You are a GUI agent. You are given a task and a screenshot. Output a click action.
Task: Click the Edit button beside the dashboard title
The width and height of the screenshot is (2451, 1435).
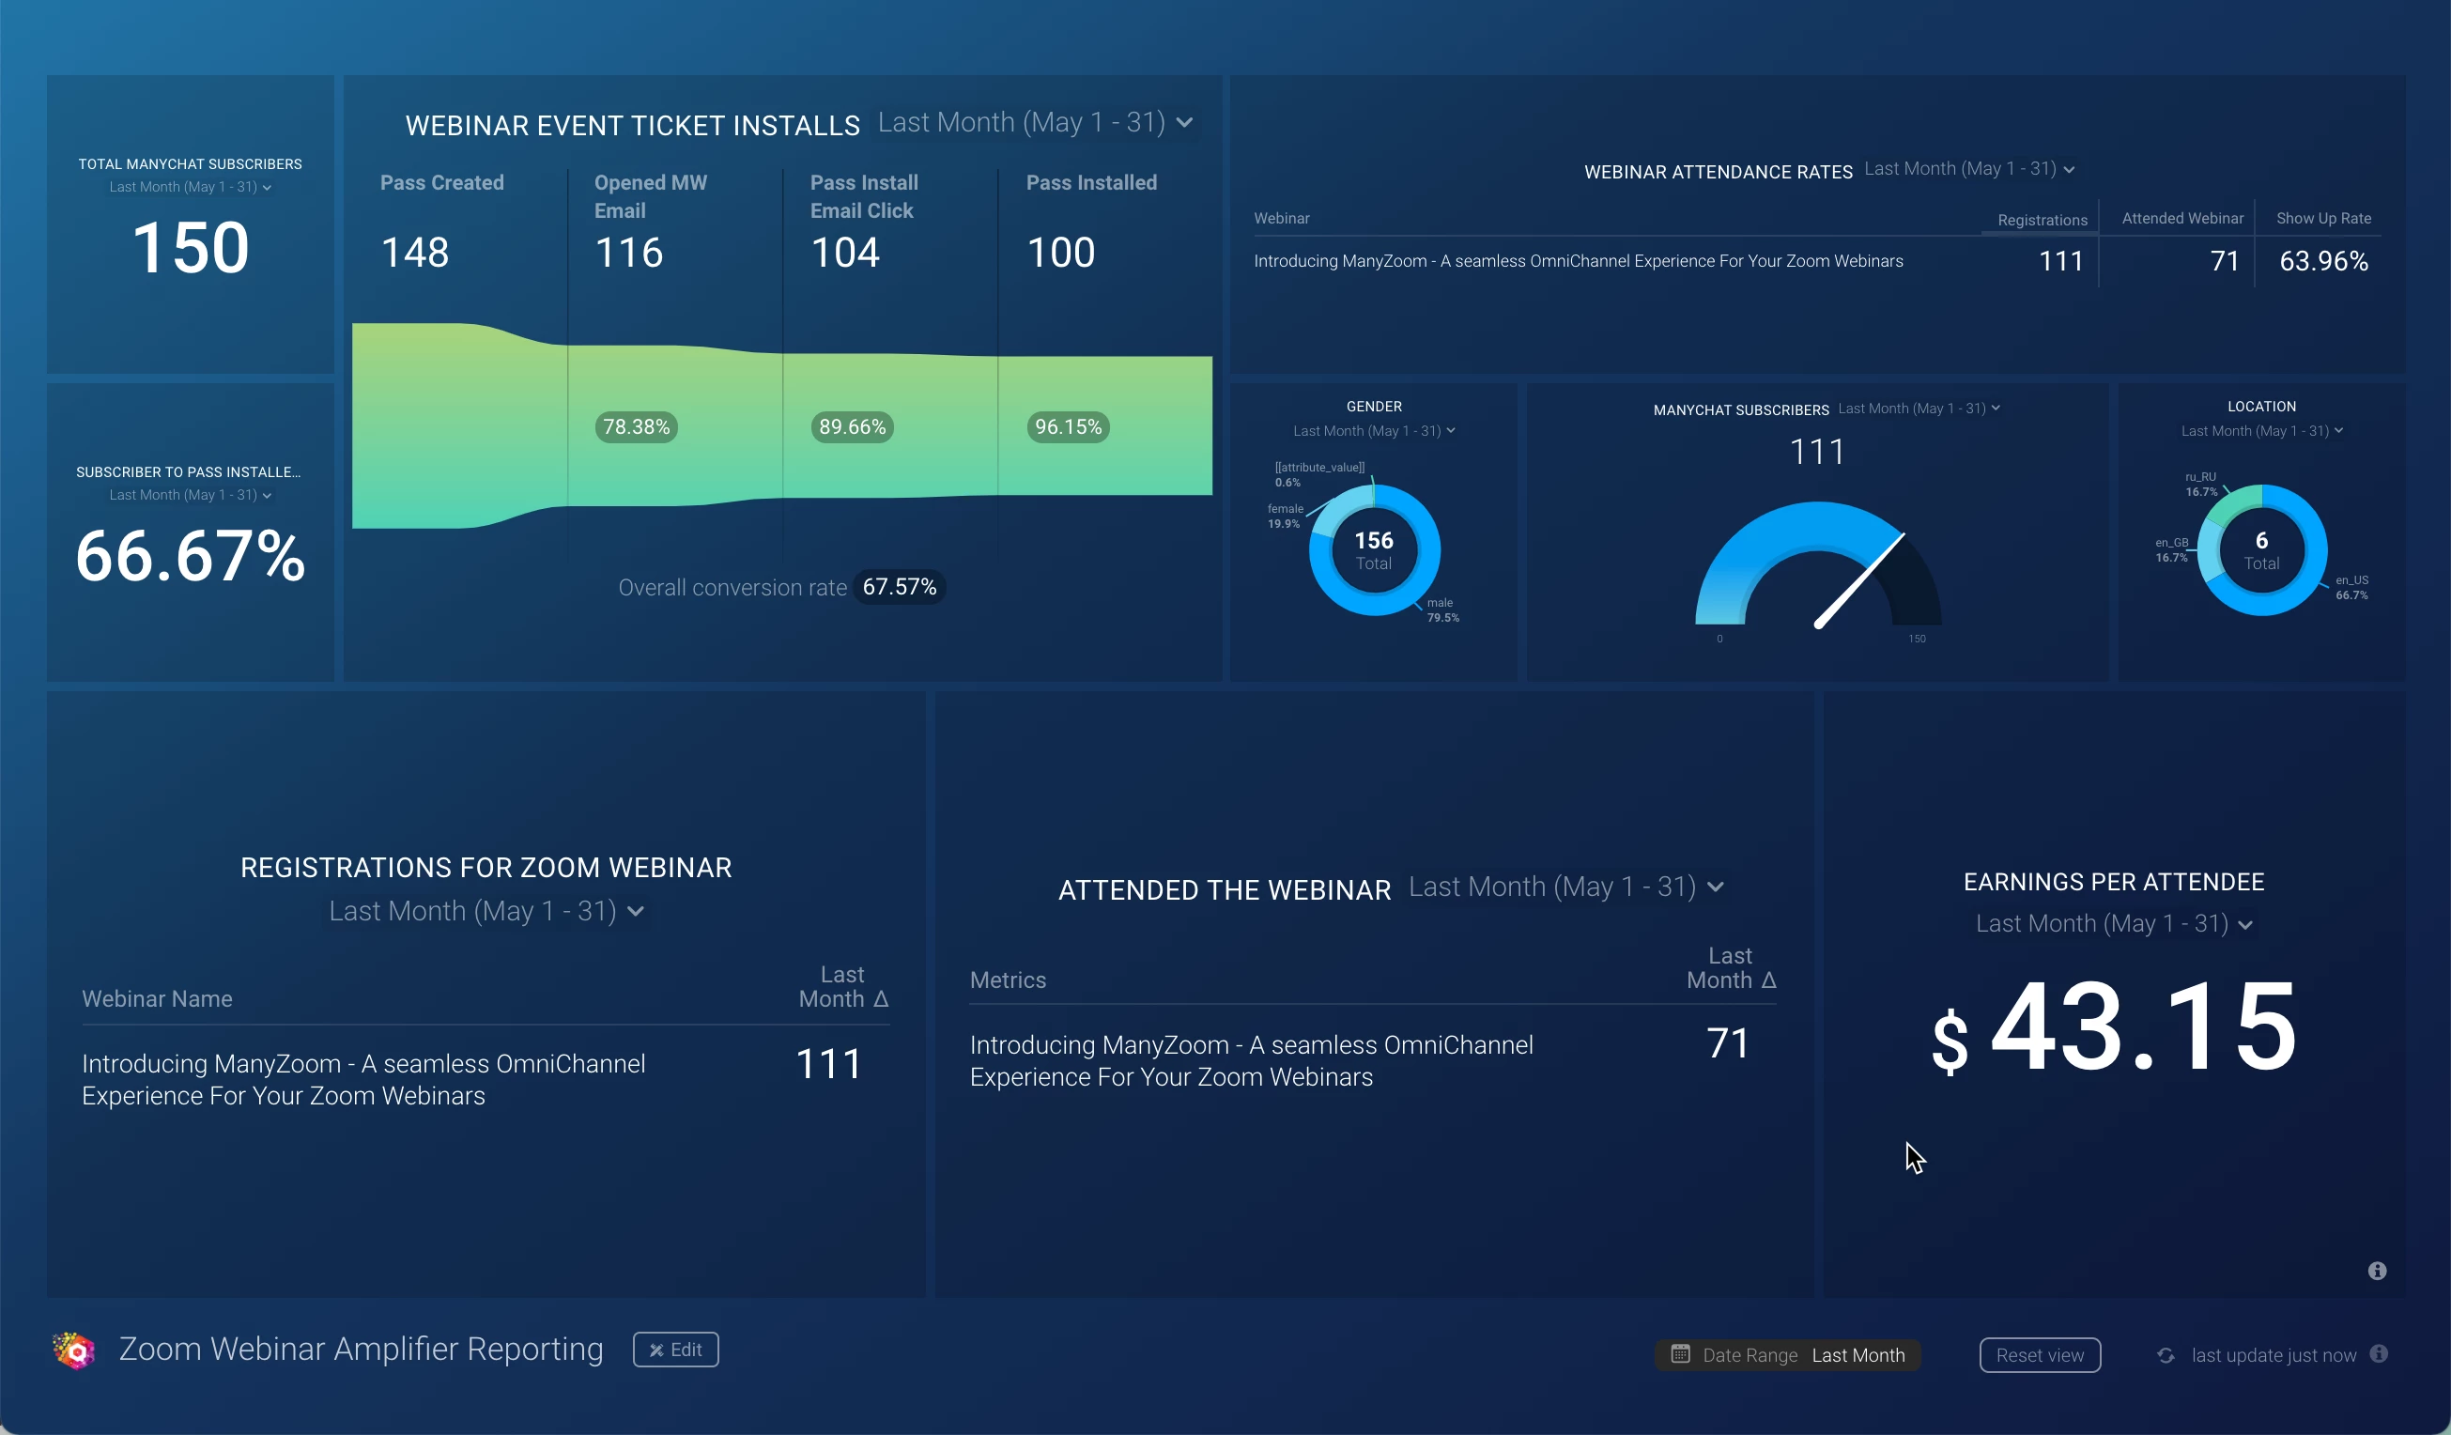point(675,1350)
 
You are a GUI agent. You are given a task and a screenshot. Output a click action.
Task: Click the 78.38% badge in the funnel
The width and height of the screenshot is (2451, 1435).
point(636,427)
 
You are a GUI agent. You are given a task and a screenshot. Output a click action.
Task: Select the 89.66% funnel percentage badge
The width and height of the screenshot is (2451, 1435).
point(852,427)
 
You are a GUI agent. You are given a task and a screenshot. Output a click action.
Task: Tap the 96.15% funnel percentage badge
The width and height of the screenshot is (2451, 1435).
point(1068,427)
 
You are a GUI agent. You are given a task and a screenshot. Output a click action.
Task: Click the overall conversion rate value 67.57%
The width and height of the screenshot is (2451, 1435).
point(899,587)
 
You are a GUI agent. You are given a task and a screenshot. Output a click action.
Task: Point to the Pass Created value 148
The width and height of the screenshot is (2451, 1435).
point(415,253)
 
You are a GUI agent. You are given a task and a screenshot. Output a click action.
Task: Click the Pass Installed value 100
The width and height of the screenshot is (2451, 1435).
point(1061,253)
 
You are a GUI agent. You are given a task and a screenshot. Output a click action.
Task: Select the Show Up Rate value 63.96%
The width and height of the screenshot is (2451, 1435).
point(2322,261)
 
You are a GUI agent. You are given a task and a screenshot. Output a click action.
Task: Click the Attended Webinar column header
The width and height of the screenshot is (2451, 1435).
point(2181,218)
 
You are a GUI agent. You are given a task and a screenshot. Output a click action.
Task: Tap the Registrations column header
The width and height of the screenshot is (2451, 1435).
point(2042,220)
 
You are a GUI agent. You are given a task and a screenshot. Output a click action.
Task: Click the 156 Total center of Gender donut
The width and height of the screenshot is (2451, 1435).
point(1373,550)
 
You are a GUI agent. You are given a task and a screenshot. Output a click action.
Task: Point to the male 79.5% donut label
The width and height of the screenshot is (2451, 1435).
point(1442,610)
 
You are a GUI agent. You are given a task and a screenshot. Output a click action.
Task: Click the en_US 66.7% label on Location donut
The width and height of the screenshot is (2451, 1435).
point(2351,588)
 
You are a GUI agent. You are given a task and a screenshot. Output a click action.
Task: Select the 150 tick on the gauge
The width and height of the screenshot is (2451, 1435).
point(1916,640)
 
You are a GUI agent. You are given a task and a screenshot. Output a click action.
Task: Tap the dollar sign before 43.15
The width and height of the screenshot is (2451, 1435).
point(1950,1041)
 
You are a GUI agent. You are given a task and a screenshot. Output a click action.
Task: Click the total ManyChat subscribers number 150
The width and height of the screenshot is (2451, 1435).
point(191,247)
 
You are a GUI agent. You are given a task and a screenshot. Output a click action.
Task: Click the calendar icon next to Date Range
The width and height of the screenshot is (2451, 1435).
point(1680,1354)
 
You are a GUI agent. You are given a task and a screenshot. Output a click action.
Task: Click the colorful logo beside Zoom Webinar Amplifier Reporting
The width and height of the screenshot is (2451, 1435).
point(74,1350)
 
